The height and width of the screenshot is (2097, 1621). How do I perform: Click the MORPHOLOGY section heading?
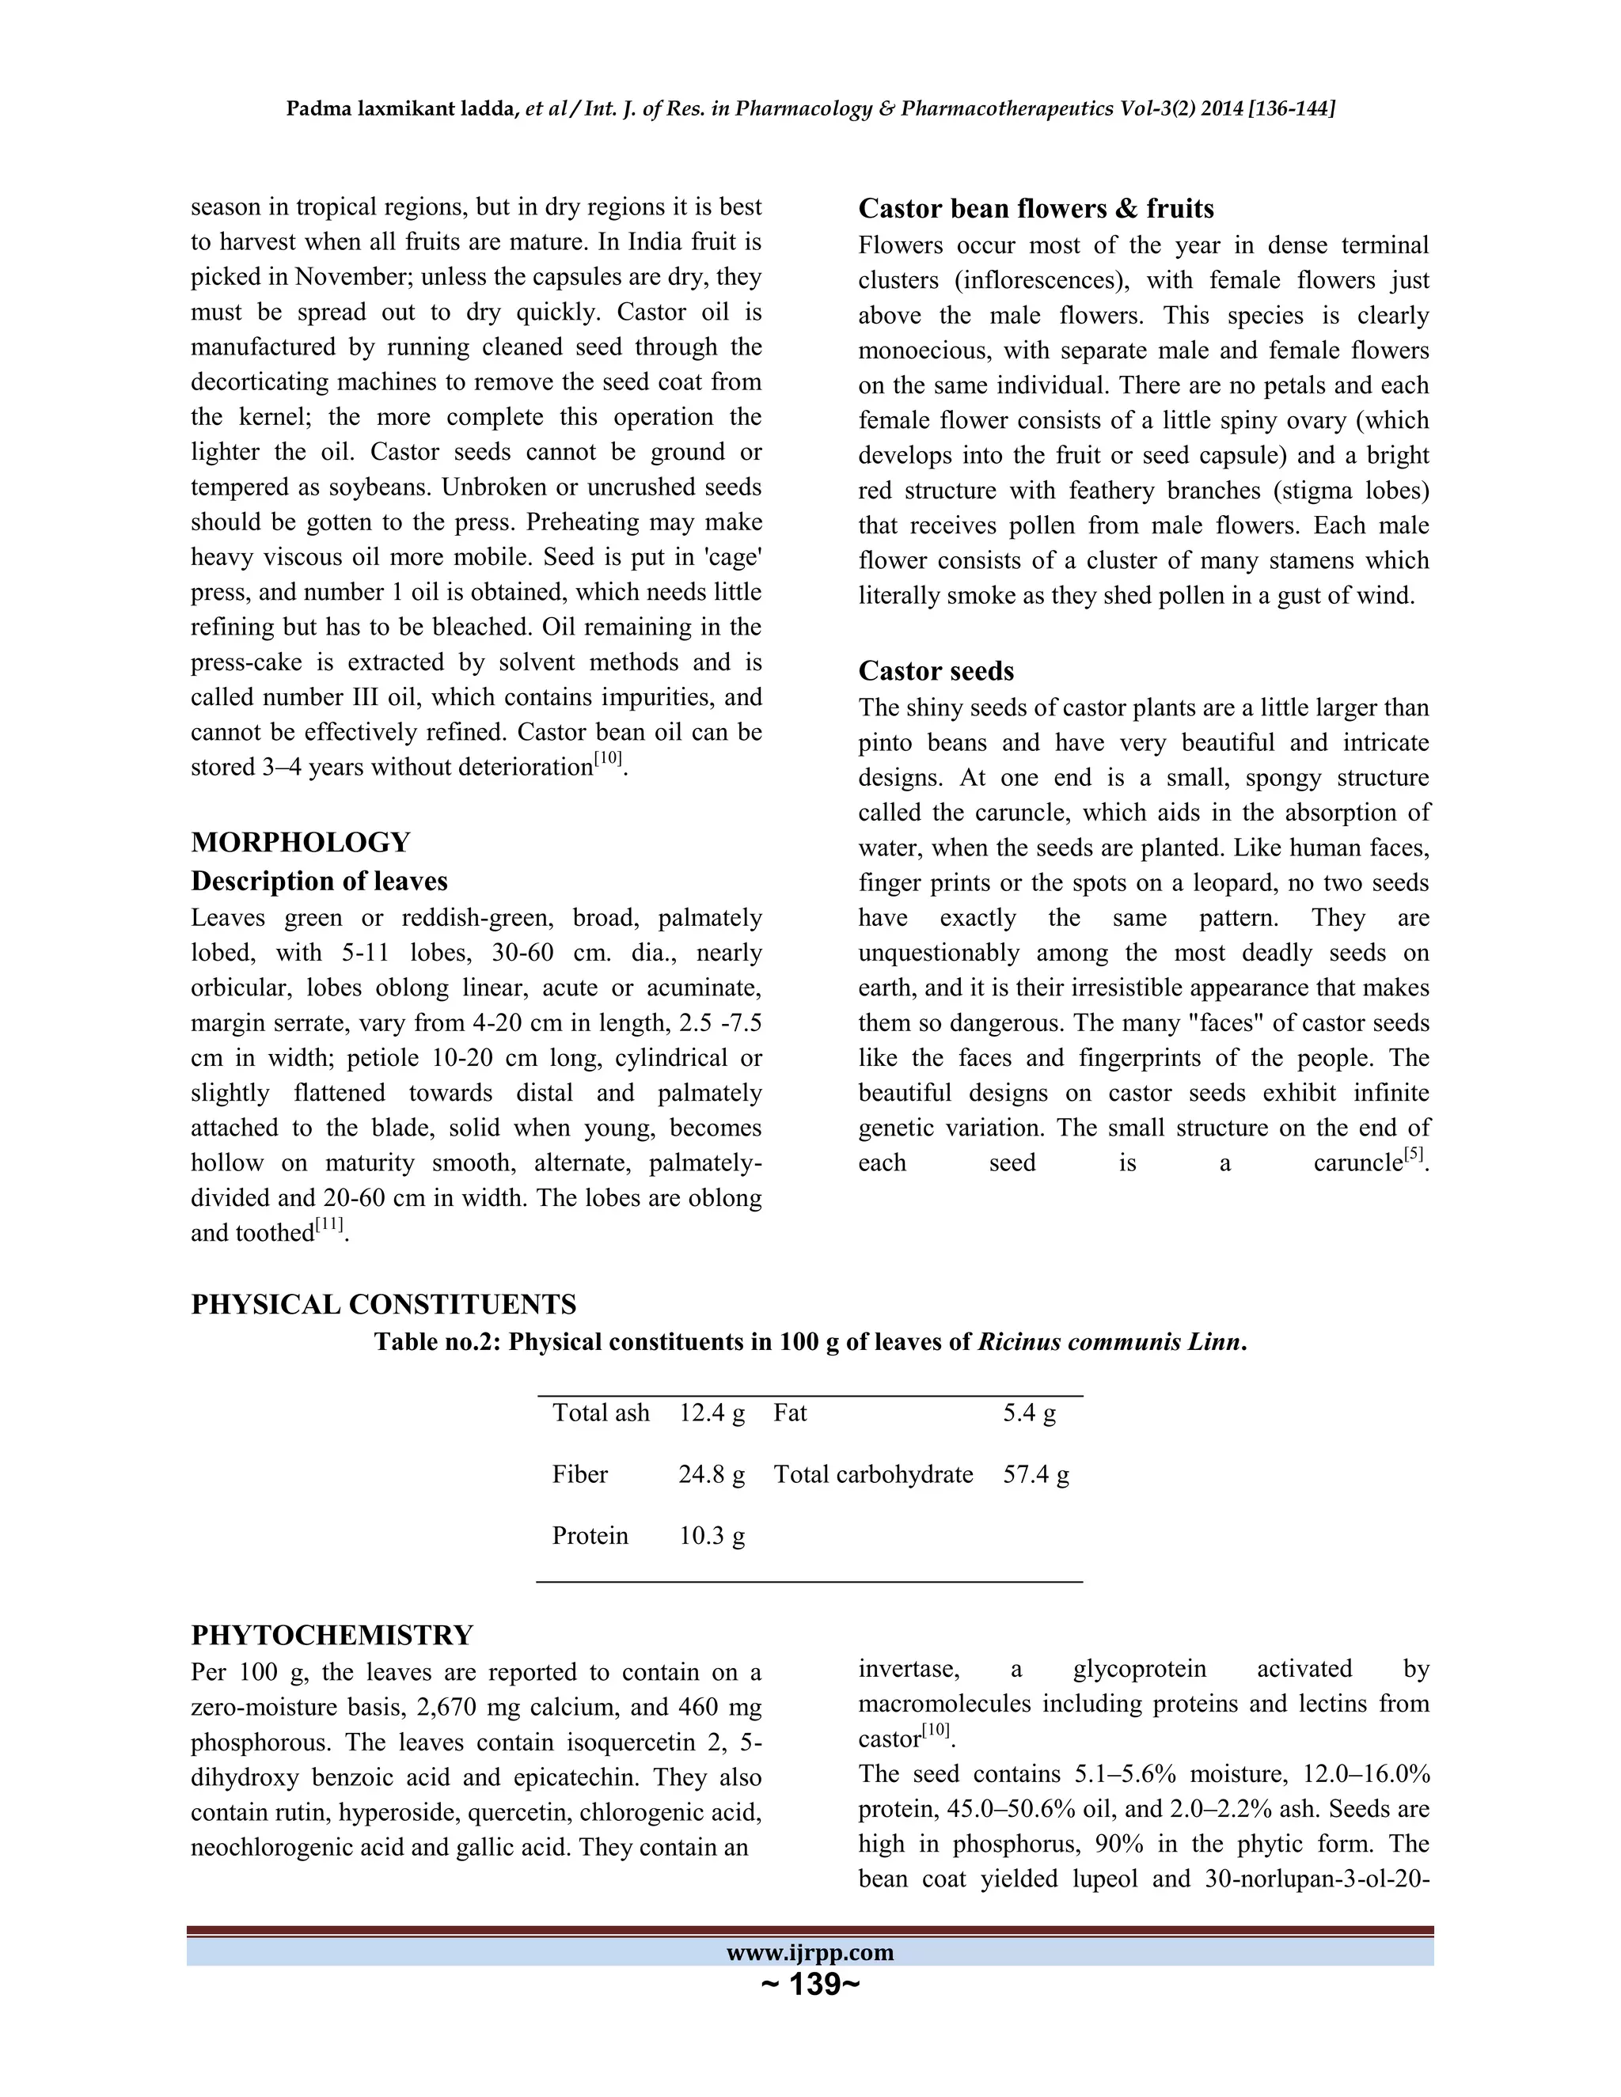point(301,842)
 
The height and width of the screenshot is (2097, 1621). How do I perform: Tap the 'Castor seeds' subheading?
point(936,670)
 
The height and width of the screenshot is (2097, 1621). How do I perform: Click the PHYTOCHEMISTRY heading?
point(332,1634)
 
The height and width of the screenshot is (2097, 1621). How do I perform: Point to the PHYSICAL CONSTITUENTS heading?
point(383,1304)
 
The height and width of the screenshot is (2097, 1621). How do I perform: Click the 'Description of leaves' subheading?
point(319,881)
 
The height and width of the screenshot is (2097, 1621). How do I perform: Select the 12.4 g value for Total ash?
point(712,1413)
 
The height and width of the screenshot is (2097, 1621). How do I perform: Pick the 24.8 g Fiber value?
point(712,1474)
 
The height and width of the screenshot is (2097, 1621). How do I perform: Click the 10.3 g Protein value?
point(712,1535)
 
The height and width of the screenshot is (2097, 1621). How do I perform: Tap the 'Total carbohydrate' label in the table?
point(873,1474)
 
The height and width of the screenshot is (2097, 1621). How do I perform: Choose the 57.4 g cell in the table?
point(1035,1474)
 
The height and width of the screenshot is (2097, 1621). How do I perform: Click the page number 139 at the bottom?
point(810,1984)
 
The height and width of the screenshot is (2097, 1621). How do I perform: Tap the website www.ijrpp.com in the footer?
point(810,1952)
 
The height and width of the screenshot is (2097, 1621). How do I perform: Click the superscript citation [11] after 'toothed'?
point(329,1226)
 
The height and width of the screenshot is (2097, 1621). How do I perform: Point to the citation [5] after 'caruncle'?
point(1413,1155)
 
